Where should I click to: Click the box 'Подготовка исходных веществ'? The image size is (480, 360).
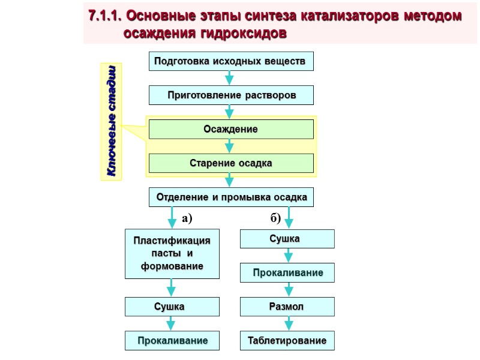(x=231, y=61)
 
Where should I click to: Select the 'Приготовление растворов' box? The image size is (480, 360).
(x=231, y=95)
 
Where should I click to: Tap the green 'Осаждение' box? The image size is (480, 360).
(x=231, y=129)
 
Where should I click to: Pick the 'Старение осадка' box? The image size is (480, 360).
(x=231, y=163)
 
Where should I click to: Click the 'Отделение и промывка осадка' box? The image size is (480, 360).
(x=231, y=197)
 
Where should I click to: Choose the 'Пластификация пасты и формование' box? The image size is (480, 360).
(x=172, y=253)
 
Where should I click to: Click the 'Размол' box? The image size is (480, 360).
(x=287, y=307)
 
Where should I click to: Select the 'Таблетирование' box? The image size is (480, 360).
(x=287, y=341)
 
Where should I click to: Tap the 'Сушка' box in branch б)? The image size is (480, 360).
(x=287, y=239)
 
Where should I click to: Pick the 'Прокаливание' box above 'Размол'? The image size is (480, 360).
(x=287, y=273)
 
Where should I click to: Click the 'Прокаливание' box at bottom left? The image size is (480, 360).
(x=172, y=341)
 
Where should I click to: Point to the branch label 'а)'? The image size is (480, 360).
(x=186, y=219)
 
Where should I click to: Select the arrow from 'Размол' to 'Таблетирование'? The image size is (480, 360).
(x=288, y=324)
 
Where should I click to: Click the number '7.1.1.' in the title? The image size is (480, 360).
(x=104, y=17)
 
